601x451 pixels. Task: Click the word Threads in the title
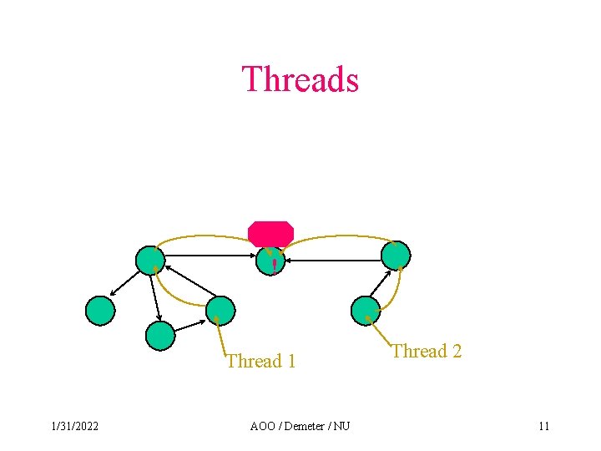click(300, 79)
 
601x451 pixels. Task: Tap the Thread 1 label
click(261, 361)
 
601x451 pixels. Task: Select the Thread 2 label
click(427, 351)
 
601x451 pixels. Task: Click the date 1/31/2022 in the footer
click(74, 427)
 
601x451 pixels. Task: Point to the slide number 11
click(543, 427)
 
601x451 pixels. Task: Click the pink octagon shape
click(270, 233)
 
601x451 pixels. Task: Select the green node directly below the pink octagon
click(270, 261)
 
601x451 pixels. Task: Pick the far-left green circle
click(100, 311)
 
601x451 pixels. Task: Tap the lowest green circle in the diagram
click(160, 336)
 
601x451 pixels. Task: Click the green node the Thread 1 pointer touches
click(221, 310)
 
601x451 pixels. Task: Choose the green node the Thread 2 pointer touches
click(366, 310)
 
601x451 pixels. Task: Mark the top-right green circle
click(396, 256)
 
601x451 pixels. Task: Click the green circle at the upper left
click(150, 261)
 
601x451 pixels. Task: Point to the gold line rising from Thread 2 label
click(380, 331)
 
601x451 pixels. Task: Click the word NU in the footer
click(341, 427)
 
